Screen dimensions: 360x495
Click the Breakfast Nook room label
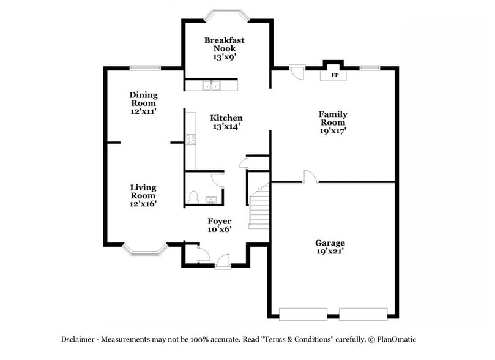coord(224,48)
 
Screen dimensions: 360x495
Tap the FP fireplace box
coord(335,75)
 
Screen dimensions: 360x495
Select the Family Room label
coord(333,122)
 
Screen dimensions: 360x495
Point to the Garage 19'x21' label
coord(330,247)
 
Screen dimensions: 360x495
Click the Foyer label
coord(219,225)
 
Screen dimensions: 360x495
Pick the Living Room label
coord(143,195)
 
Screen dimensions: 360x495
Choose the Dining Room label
coord(143,103)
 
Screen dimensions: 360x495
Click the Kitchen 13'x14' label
coord(226,122)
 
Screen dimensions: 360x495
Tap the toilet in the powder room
coord(193,197)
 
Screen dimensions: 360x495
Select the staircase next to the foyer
coord(259,208)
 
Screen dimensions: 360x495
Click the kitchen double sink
coord(212,86)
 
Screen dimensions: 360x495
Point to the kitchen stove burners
coord(190,139)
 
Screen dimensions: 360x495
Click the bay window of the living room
coord(145,250)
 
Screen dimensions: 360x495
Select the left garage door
coord(303,314)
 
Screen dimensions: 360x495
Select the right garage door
coord(363,314)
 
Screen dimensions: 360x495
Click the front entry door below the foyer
coord(223,262)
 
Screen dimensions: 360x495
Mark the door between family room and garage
coord(310,178)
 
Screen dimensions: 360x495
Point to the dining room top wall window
coord(146,67)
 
